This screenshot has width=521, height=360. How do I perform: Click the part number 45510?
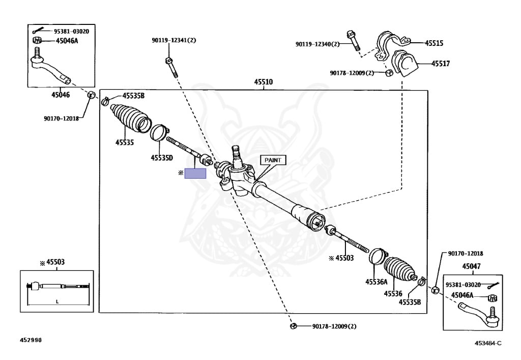click(264, 81)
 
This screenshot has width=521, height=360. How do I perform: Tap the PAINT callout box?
click(273, 160)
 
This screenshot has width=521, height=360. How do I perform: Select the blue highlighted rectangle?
click(195, 173)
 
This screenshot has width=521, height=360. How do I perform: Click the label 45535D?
click(162, 158)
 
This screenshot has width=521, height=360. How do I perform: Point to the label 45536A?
click(376, 282)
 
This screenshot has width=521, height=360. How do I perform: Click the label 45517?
click(441, 64)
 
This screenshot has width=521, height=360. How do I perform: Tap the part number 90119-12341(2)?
click(173, 40)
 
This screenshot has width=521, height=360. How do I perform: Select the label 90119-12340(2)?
click(317, 44)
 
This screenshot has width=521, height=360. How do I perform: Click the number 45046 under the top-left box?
click(61, 95)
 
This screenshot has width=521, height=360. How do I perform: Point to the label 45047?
click(472, 266)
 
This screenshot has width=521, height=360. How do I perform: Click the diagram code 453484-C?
click(488, 343)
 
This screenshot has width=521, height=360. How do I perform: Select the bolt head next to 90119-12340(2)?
click(351, 36)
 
